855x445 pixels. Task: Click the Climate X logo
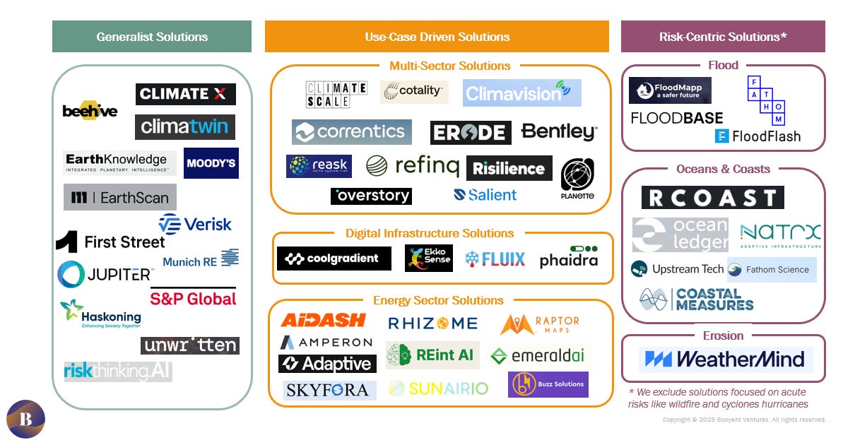185,94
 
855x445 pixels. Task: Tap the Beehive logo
90,110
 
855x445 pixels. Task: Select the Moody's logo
211,163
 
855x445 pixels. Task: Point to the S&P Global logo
193,298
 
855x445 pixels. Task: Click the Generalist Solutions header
152,37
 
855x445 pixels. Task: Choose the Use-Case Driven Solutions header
437,37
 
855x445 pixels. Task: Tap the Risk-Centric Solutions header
723,37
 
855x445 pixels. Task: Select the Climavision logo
521,93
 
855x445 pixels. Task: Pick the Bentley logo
559,131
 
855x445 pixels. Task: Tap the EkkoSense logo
428,258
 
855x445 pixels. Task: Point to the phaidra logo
568,258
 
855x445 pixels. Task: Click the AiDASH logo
323,321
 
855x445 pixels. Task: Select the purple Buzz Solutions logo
548,384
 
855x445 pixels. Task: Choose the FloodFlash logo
757,136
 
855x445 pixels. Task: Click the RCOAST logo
712,198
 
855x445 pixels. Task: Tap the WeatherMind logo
726,360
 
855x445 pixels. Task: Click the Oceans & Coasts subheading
723,169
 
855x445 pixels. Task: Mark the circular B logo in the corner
25,420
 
